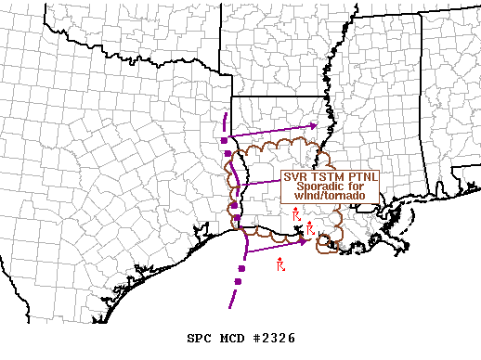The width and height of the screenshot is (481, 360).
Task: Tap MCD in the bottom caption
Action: (x=234, y=338)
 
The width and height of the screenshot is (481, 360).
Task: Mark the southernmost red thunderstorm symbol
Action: (x=280, y=265)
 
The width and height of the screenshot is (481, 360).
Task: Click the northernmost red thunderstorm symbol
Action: (x=295, y=215)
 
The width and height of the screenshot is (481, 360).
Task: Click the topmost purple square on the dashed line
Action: (x=225, y=139)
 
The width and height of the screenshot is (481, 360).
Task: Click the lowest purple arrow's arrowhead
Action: (x=304, y=242)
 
